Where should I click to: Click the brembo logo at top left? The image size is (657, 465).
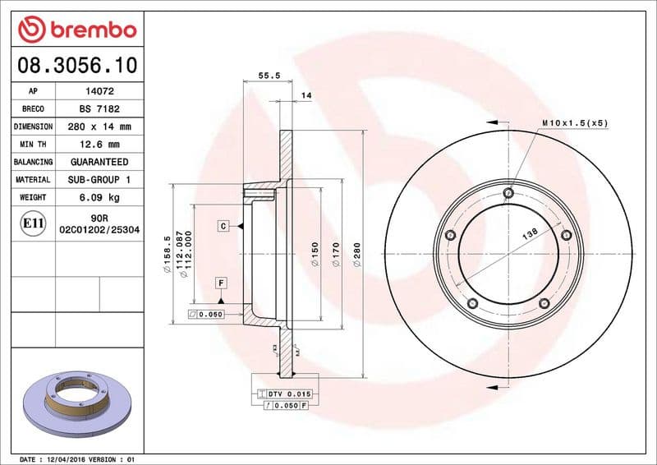point(76,29)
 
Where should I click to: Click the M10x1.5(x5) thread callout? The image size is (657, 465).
point(574,122)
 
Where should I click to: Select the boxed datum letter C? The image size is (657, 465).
point(223,225)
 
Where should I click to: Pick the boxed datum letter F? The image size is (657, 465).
point(222,283)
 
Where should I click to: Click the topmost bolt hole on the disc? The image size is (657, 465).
point(508,194)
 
